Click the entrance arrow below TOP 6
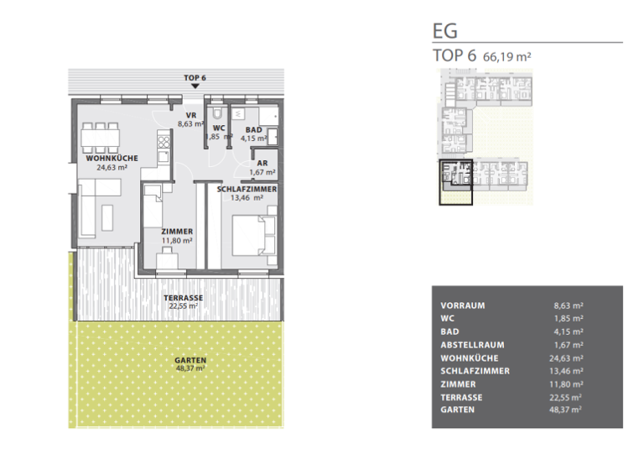(x=195, y=86)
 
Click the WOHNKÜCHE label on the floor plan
(x=112, y=158)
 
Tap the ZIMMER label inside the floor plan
(x=178, y=231)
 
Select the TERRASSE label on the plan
(x=183, y=298)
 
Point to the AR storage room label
(x=262, y=163)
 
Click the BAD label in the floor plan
(x=252, y=129)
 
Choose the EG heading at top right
(x=444, y=31)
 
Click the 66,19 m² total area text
(x=508, y=56)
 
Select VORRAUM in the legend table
(x=462, y=305)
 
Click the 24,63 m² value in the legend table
(x=569, y=358)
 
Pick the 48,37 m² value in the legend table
(x=569, y=410)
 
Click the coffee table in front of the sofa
(x=106, y=217)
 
